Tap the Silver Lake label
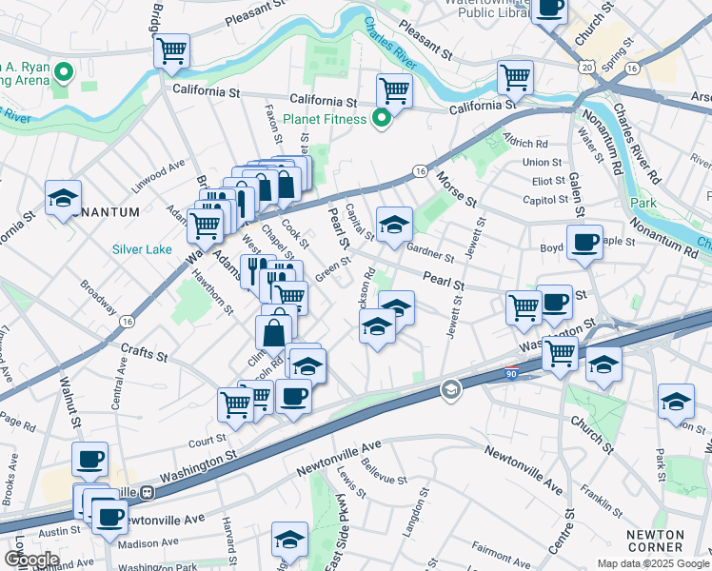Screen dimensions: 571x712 pos(141,249)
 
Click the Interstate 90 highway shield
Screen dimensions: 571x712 pos(511,376)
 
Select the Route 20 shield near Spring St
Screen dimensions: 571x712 pos(587,68)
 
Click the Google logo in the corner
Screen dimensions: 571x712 pos(31,559)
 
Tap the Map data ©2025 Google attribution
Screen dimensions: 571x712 pos(652,563)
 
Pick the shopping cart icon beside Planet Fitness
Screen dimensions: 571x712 pos(394,91)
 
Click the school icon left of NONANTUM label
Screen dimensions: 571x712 pos(64,198)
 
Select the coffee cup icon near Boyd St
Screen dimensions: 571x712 pos(584,242)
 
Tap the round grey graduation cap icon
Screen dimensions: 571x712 pos(450,388)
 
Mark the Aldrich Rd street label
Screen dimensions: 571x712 pos(527,142)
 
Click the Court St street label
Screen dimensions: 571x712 pos(207,441)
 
